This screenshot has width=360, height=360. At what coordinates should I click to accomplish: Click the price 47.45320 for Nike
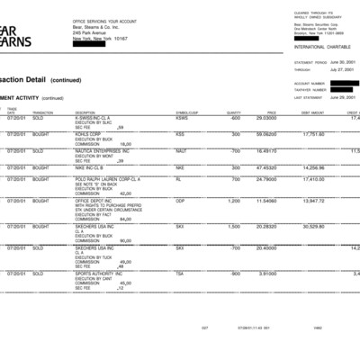point(266,167)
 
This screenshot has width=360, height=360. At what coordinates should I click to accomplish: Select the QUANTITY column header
point(233,112)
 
